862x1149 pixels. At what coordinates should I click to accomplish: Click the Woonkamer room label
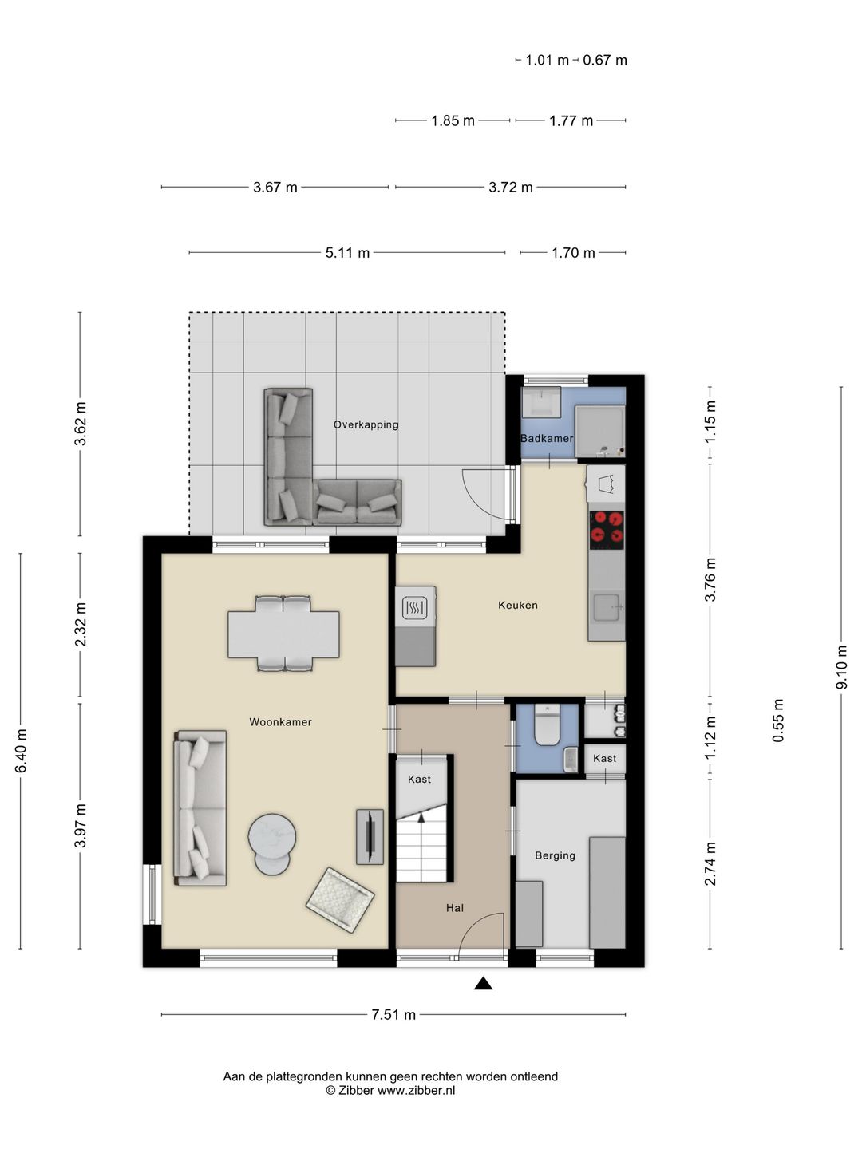[x=280, y=722]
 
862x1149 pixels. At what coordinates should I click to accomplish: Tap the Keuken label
[x=518, y=605]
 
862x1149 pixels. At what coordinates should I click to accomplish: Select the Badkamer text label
[x=547, y=438]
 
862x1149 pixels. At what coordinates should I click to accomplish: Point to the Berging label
[x=555, y=855]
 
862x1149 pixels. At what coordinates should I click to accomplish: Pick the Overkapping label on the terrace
[x=366, y=424]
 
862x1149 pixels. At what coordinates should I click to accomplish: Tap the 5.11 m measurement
[x=347, y=253]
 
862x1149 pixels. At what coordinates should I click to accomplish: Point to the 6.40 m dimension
[x=21, y=751]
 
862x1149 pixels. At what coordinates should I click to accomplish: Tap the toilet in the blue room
[x=548, y=725]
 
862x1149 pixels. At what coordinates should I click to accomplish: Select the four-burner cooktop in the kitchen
[x=607, y=530]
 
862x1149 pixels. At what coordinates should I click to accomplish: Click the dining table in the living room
[x=283, y=634]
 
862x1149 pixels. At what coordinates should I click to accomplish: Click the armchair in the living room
[x=340, y=900]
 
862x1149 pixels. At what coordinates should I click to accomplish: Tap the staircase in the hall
[x=421, y=843]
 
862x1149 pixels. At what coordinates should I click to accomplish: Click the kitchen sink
[x=607, y=607]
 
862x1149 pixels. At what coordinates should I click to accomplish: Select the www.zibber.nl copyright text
[x=390, y=1091]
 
